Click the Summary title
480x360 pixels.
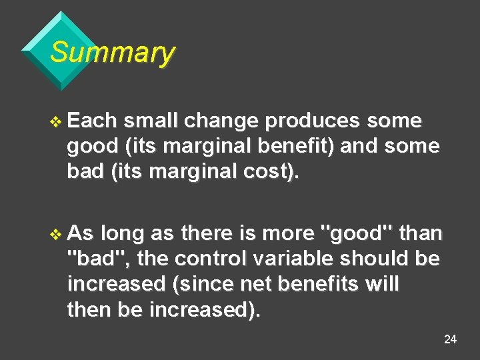112,52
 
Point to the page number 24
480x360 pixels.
450,340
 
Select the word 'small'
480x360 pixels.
152,121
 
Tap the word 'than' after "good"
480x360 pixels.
420,234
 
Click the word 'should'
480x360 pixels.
375,259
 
